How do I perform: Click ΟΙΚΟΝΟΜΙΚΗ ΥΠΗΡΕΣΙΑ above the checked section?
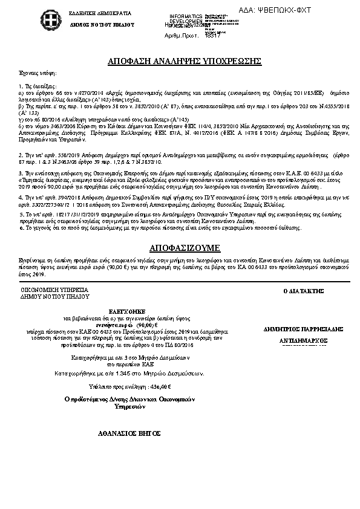54,291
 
